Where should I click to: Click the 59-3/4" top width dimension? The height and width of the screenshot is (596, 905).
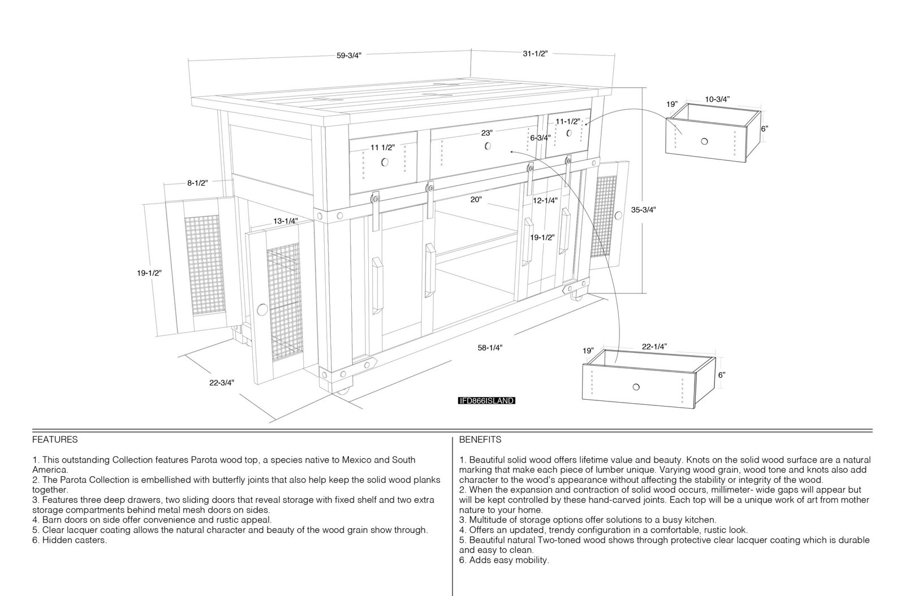[x=349, y=56]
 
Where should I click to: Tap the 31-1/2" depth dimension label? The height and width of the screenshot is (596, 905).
[x=535, y=53]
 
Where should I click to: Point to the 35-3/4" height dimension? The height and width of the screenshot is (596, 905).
[x=644, y=210]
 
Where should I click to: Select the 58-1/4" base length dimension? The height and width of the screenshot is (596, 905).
[x=490, y=348]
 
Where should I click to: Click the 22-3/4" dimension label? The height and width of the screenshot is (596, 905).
[x=221, y=383]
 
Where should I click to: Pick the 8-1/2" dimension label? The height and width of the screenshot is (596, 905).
[x=197, y=183]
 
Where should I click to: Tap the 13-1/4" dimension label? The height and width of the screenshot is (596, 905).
[x=286, y=221]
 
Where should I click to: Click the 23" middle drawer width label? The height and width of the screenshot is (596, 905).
[x=487, y=133]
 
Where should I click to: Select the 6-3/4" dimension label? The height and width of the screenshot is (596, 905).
[x=541, y=138]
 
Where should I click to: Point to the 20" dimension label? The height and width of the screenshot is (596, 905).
[x=476, y=200]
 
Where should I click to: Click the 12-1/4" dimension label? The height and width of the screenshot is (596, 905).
[x=545, y=200]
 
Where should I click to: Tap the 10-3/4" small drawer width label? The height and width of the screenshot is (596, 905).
[x=718, y=99]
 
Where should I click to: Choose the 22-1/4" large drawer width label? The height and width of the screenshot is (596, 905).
[x=654, y=347]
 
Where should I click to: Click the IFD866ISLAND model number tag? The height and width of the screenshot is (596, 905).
[x=487, y=400]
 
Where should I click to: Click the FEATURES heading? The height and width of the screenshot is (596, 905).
[x=55, y=439]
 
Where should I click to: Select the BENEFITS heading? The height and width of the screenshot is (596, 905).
[x=480, y=439]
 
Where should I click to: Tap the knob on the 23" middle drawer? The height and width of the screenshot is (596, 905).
[x=488, y=146]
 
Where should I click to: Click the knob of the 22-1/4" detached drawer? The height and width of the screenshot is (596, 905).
[x=636, y=387]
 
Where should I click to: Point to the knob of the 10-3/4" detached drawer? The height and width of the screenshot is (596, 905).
[x=704, y=141]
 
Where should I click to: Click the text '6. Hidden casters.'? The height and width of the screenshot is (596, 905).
[x=70, y=540]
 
